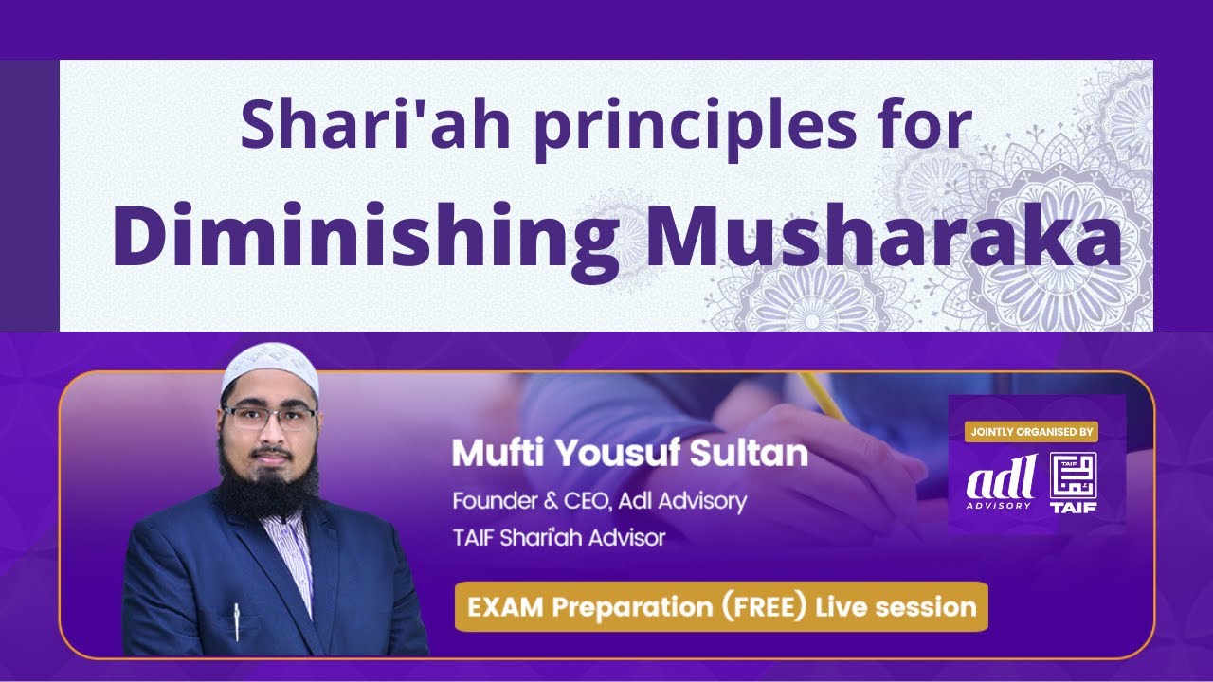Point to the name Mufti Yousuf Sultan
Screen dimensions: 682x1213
630,454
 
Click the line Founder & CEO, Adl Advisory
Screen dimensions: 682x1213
599,500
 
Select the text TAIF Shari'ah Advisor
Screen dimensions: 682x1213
559,538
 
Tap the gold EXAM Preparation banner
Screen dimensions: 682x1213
720,606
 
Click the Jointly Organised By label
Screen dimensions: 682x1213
1031,432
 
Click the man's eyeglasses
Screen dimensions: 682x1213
270,419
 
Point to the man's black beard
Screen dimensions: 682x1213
268,483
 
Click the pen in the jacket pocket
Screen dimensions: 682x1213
236,620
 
